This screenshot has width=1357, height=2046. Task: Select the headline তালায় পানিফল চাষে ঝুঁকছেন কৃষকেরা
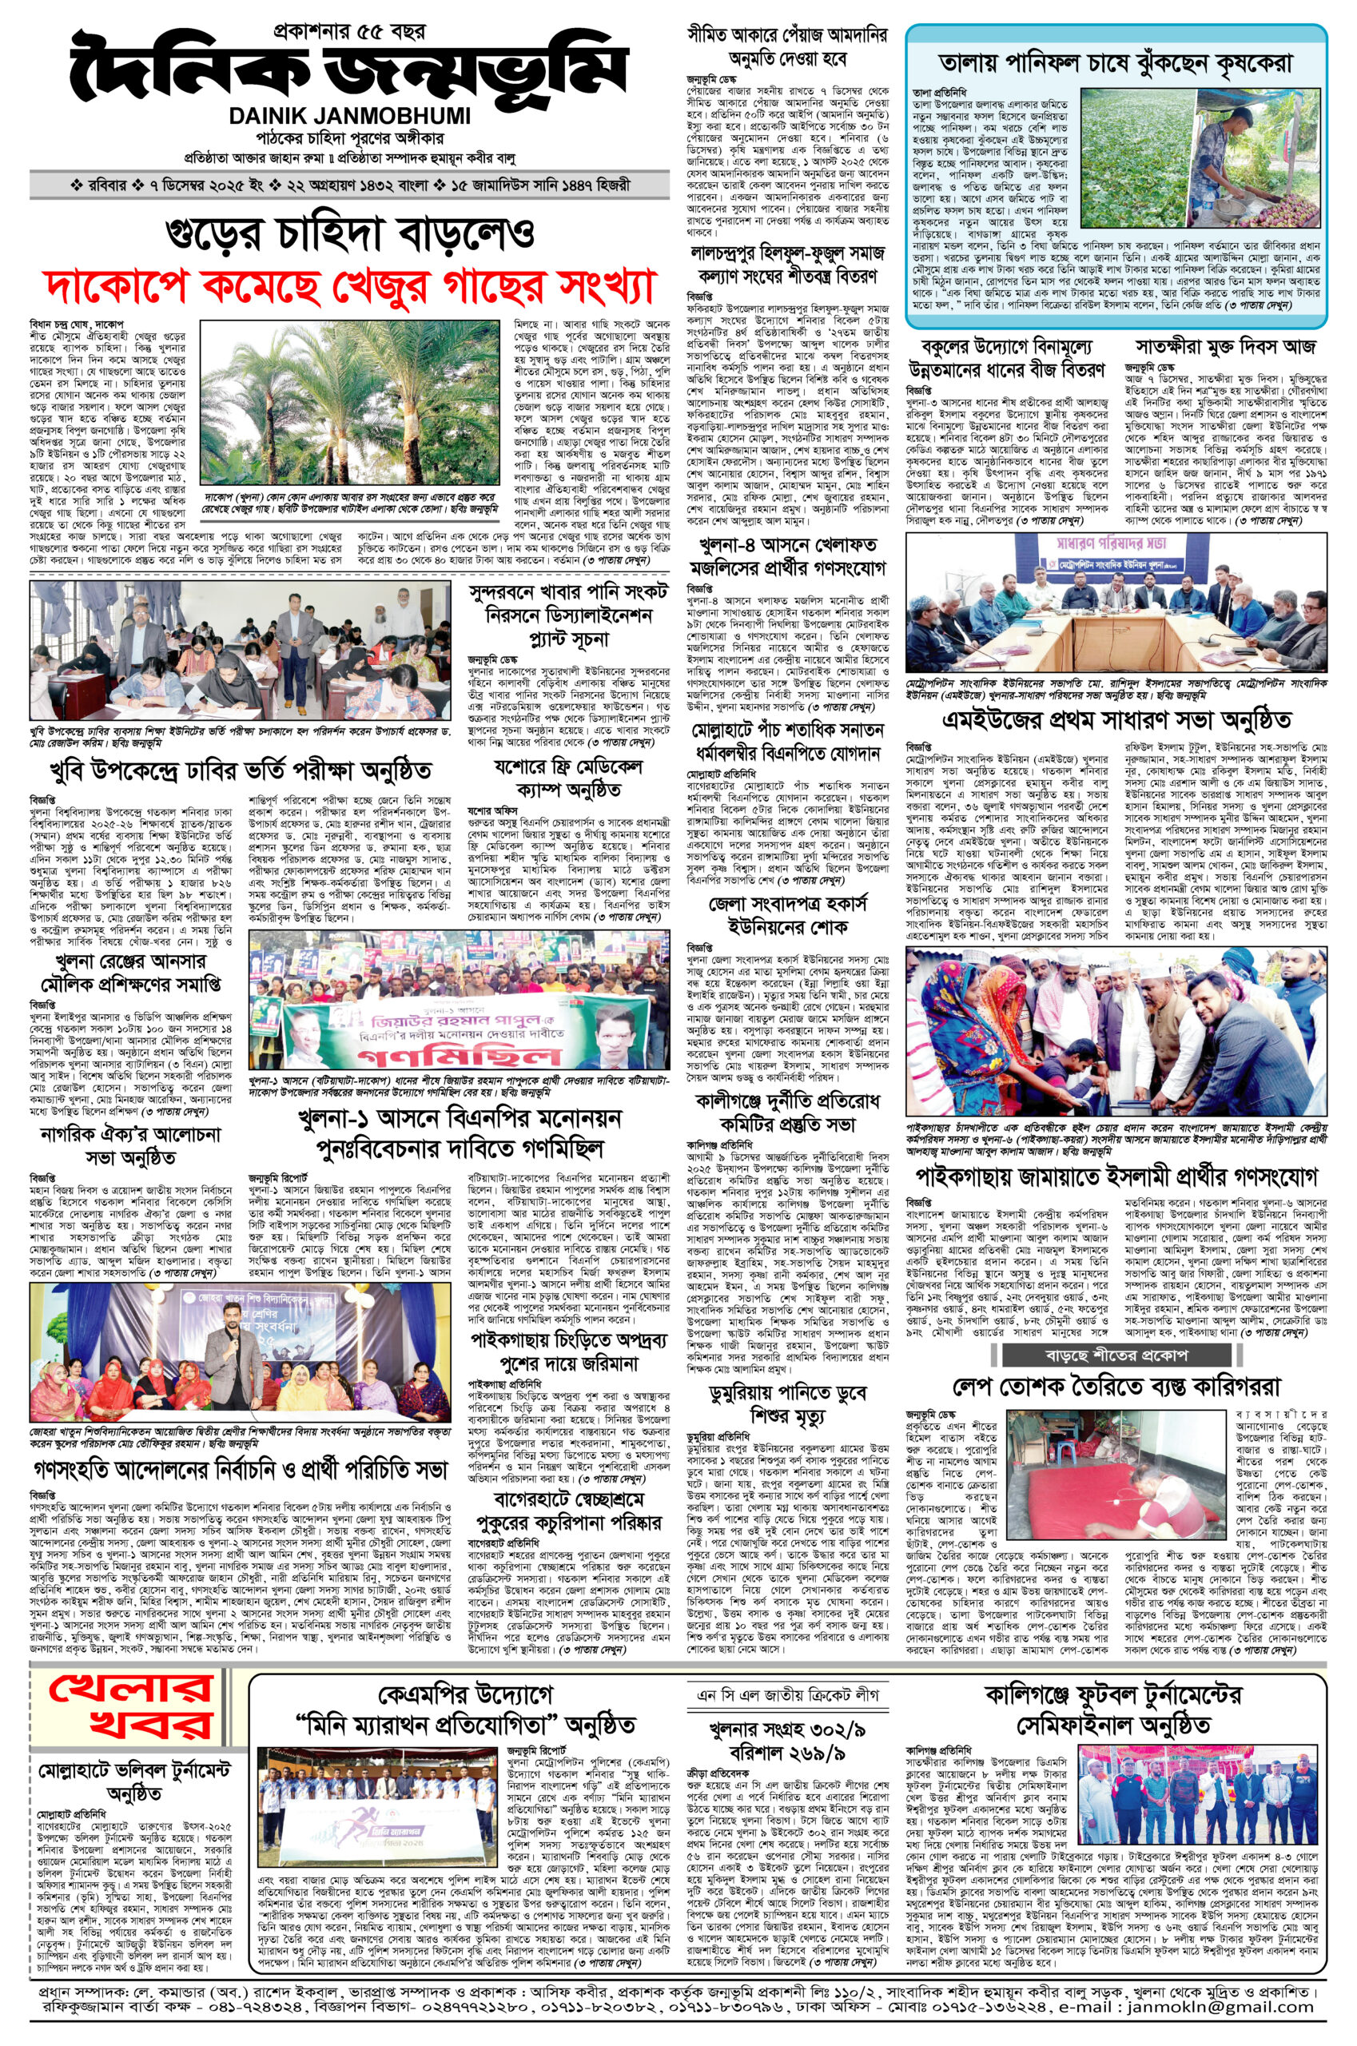pos(1116,63)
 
